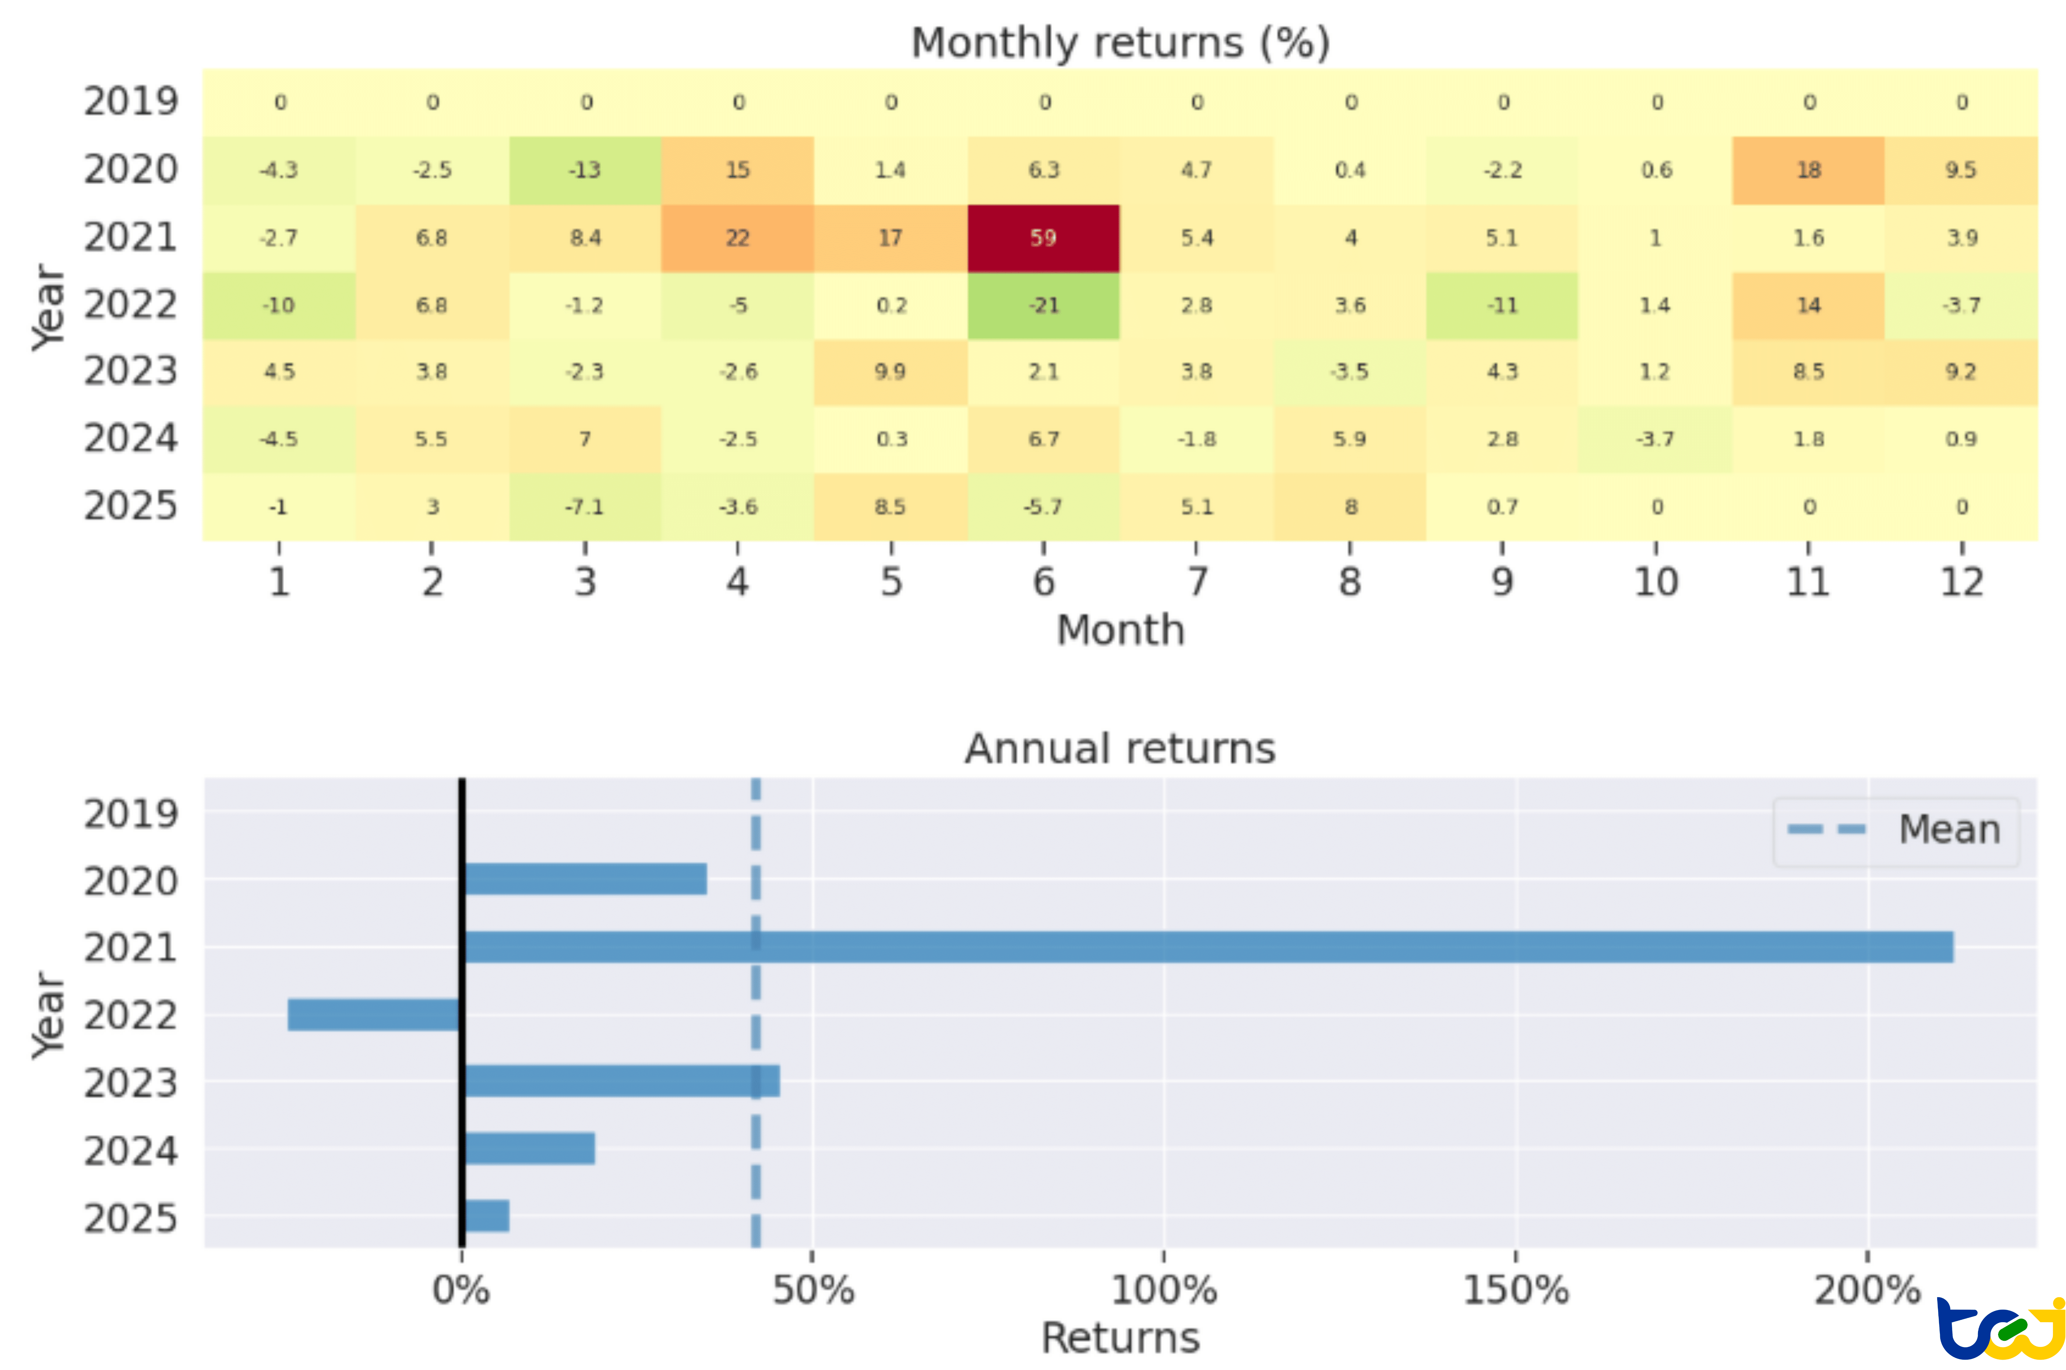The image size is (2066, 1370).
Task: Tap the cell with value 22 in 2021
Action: pyautogui.click(x=738, y=238)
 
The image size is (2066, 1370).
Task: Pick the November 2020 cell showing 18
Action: pyautogui.click(x=1808, y=170)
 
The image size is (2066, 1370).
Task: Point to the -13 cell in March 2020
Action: pyautogui.click(x=585, y=170)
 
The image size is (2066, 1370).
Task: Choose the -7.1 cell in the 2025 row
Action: pyautogui.click(x=585, y=507)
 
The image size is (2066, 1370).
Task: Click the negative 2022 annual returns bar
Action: pyautogui.click(x=374, y=1014)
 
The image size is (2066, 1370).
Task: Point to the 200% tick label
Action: pyautogui.click(x=1867, y=1290)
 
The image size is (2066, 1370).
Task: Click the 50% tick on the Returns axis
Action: pyautogui.click(x=813, y=1290)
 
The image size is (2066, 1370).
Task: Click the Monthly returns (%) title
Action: pyautogui.click(x=1120, y=43)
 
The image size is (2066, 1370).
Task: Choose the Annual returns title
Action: pyautogui.click(x=1120, y=749)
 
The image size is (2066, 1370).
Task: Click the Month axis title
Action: pyautogui.click(x=1120, y=630)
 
